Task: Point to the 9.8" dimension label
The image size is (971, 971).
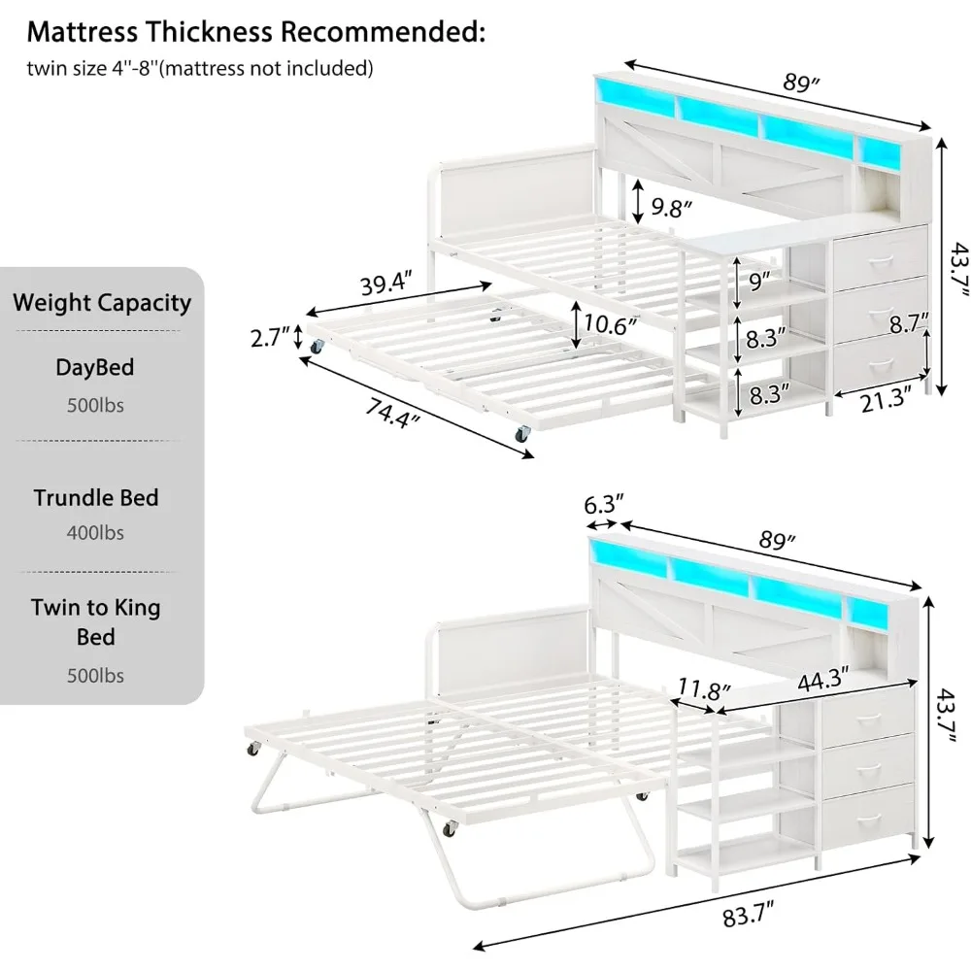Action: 671,207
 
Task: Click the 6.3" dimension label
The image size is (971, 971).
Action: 603,504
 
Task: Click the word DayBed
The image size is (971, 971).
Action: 95,368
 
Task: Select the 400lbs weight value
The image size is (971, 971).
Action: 95,533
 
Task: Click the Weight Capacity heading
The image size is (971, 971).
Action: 102,302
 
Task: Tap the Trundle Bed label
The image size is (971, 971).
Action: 95,498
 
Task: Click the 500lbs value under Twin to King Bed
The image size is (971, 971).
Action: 95,675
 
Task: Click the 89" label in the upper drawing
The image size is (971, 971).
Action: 803,84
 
